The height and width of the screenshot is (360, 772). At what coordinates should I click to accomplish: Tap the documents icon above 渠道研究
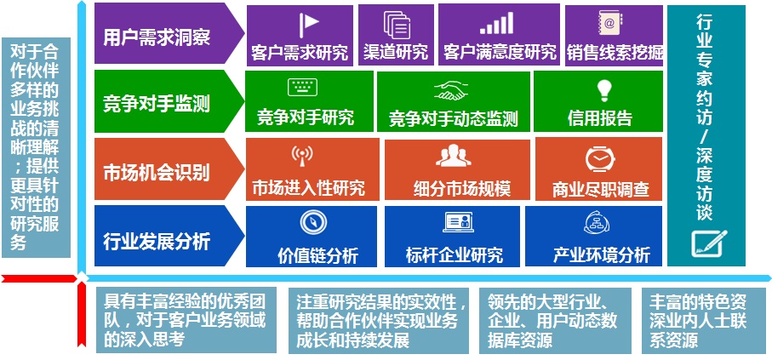397,25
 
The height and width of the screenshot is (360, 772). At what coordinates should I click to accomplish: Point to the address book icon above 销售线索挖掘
609,24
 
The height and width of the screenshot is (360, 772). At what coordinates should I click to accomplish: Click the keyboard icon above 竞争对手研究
302,87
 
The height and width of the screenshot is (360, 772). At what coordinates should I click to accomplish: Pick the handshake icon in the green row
451,90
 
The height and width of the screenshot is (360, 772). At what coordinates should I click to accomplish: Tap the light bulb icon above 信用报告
603,90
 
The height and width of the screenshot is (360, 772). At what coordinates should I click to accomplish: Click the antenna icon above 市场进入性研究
302,156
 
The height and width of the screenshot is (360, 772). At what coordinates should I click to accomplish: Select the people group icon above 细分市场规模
454,156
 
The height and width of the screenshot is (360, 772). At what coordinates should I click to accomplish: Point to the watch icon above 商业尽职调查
600,158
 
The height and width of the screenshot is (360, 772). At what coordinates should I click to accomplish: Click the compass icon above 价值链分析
313,222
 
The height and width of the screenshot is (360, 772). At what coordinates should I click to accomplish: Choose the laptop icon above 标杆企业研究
458,222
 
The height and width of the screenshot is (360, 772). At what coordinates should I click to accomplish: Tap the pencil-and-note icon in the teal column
708,243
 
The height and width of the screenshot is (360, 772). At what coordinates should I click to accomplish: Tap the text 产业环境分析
601,255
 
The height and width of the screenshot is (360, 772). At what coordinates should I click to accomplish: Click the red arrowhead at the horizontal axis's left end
6,279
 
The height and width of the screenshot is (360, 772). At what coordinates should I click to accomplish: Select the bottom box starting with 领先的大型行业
555,321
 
